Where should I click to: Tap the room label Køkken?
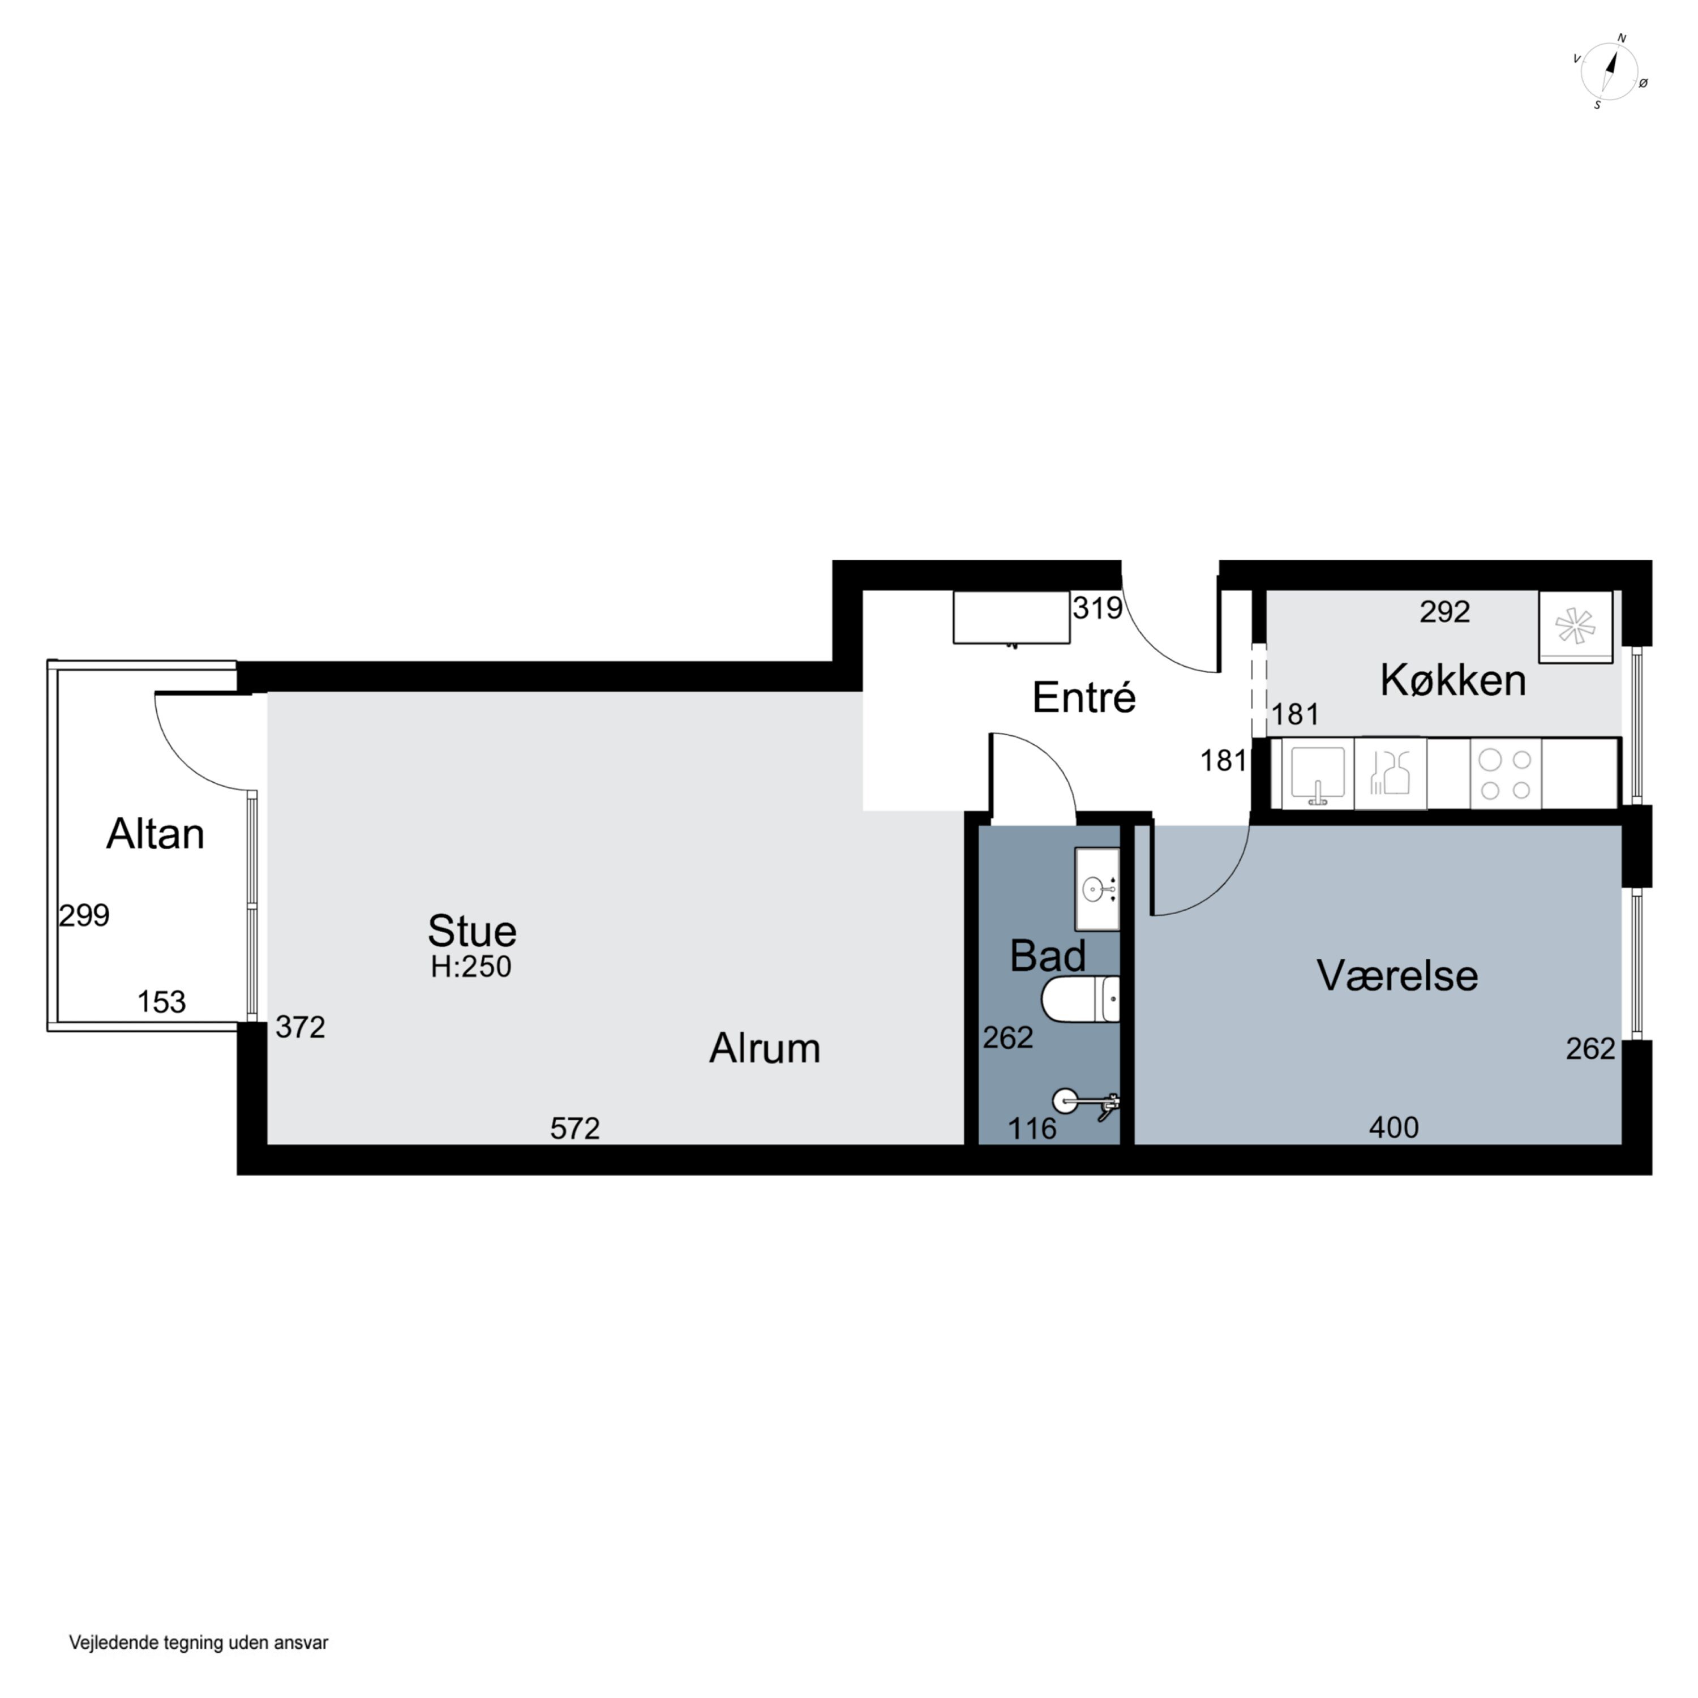1453,681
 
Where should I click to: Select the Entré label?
1084,698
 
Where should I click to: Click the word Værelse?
1397,976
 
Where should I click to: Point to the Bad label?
1048,955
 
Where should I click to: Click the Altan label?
156,834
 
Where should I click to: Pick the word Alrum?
765,1048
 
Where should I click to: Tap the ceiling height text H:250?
471,967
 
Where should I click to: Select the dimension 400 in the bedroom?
1394,1127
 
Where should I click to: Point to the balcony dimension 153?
162,1002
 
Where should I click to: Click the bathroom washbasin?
1097,889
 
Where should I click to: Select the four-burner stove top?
1506,773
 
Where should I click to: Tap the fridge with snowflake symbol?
1576,627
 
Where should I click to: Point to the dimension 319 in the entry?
1097,608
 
